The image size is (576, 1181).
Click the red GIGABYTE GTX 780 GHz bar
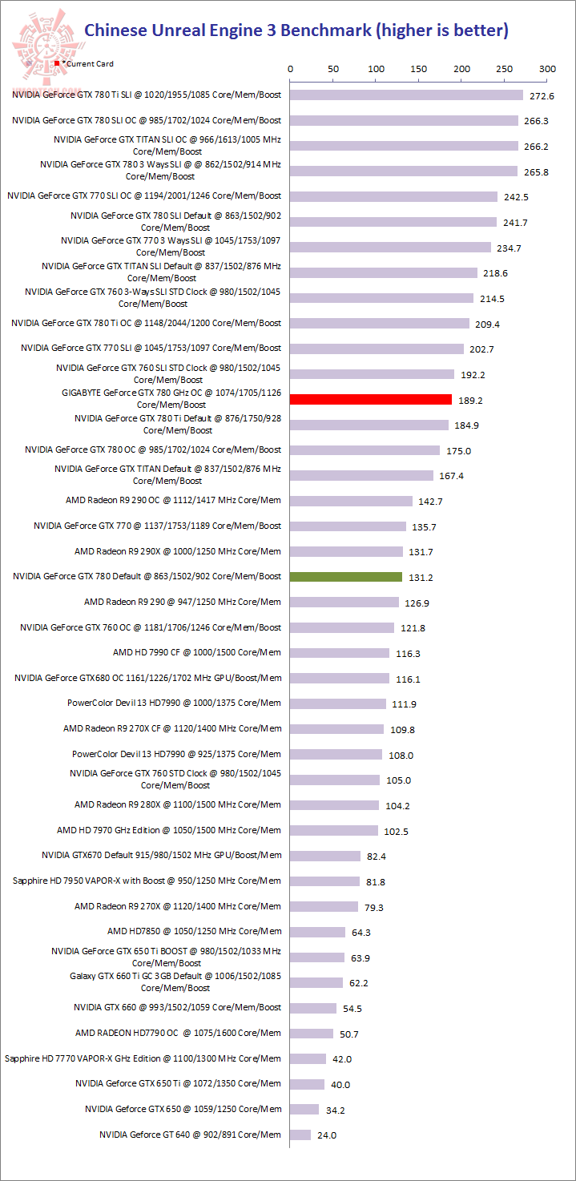tap(371, 399)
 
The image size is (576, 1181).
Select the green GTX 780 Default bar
tap(346, 577)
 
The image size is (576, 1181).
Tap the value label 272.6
tap(542, 96)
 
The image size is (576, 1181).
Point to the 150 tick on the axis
tap(419, 70)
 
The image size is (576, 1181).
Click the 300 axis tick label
tap(547, 70)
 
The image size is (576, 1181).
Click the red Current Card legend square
tap(57, 62)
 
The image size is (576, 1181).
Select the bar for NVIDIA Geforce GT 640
tap(300, 1135)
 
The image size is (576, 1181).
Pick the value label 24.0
tap(327, 1135)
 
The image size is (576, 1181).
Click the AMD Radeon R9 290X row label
tap(178, 551)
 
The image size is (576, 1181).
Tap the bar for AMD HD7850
tap(317, 932)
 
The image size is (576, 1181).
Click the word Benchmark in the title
tap(324, 31)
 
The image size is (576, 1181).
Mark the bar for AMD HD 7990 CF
tap(340, 653)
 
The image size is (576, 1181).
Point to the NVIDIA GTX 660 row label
tap(177, 1007)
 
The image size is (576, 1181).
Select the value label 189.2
tap(471, 400)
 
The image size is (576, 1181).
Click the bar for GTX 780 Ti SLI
tap(406, 95)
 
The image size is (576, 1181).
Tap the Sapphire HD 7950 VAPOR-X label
tap(147, 881)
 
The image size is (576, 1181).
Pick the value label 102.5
tap(397, 832)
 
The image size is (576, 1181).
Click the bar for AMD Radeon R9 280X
tap(334, 805)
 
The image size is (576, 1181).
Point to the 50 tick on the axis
tap(333, 70)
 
